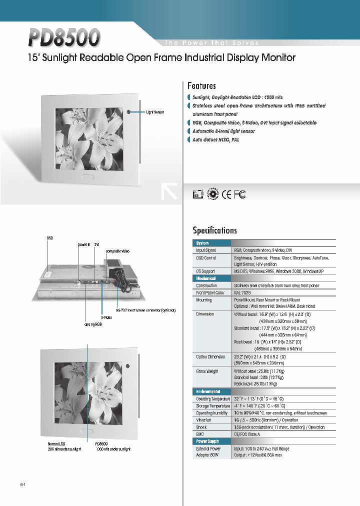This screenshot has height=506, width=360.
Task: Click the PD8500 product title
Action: [64, 38]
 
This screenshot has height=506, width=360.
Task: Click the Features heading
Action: [201, 86]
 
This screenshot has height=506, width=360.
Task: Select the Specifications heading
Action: [214, 230]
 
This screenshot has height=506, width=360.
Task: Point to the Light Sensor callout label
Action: [155, 112]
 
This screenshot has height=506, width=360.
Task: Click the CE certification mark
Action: [227, 194]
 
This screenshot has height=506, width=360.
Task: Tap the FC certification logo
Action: [240, 194]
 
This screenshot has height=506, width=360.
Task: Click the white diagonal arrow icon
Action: [169, 192]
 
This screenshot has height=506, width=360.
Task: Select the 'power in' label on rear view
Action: [83, 244]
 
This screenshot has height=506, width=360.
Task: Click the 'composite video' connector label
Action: [117, 250]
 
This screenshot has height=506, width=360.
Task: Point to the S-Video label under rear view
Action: [105, 316]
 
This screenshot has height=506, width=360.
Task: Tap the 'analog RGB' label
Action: [92, 323]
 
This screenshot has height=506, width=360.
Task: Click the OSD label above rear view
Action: [49, 238]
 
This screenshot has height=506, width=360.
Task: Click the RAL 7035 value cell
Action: [243, 292]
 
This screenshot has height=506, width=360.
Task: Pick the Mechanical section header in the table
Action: [206, 278]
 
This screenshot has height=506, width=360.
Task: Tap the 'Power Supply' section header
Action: [207, 441]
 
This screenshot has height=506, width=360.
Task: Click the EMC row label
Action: [200, 434]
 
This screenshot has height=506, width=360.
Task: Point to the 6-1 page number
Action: [23, 485]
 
